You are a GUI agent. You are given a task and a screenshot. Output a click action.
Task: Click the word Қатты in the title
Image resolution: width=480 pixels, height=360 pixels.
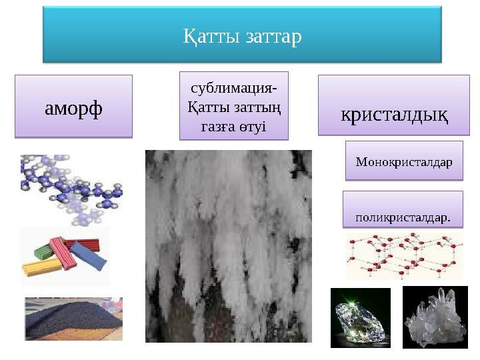point(204,35)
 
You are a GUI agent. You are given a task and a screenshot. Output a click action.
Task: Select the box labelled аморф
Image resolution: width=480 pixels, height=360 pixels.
point(73,107)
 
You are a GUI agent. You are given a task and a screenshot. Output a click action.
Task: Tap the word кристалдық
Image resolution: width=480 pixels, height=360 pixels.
point(394,114)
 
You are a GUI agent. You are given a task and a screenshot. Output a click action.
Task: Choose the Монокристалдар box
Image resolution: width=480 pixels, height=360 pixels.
point(403,161)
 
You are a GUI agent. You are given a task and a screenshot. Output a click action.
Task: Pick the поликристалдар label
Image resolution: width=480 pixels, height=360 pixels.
point(403,217)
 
